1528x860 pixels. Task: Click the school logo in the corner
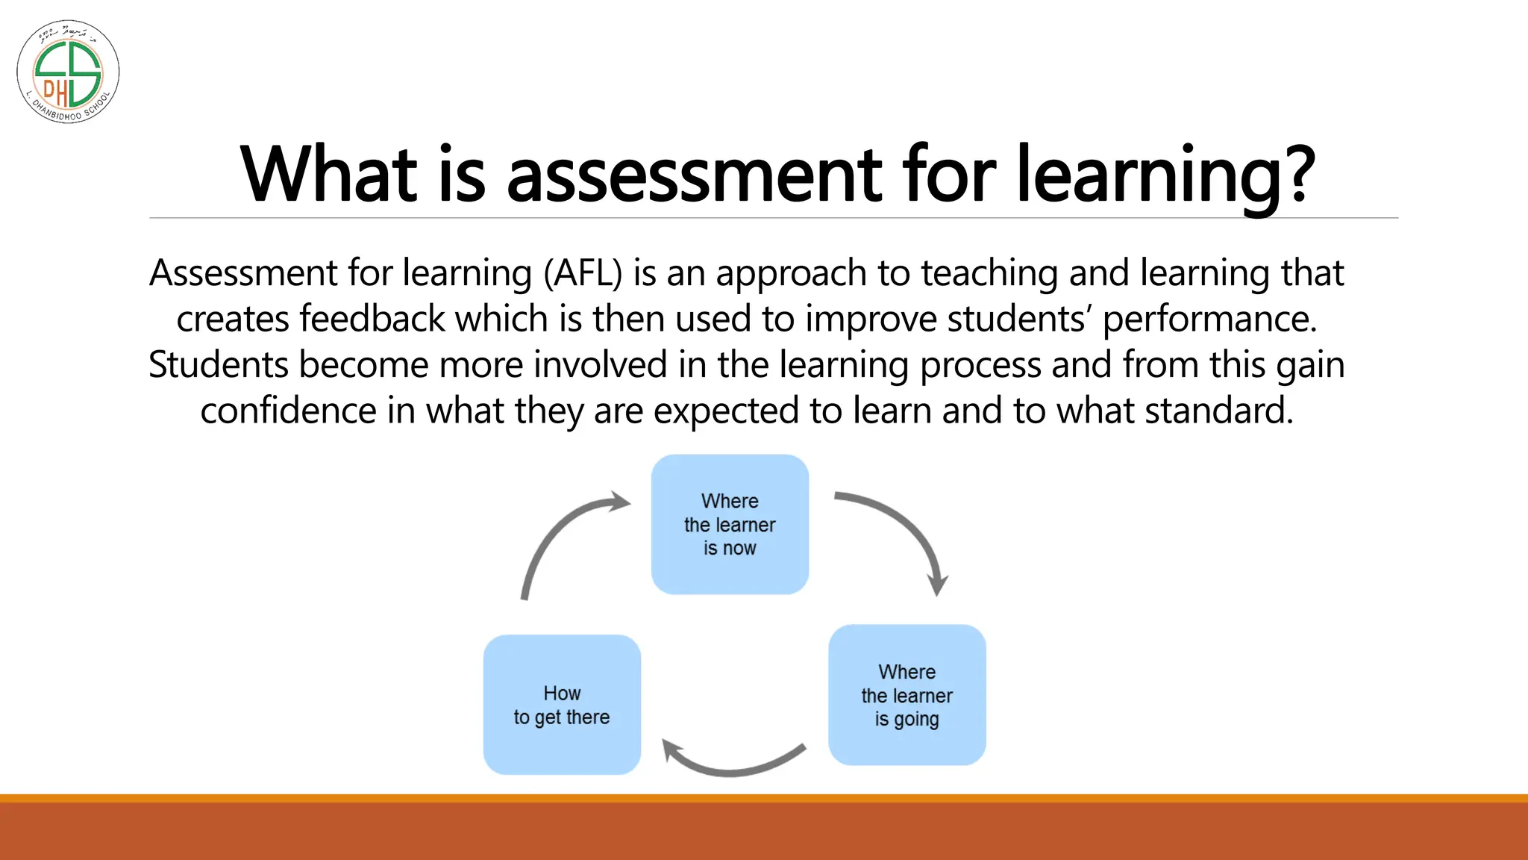point(68,72)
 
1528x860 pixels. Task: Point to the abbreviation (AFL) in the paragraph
point(583,273)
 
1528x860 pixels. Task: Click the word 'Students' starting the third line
point(218,366)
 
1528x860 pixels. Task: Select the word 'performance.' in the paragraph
point(1209,320)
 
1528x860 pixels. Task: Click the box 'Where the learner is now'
point(730,524)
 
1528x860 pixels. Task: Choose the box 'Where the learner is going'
point(907,695)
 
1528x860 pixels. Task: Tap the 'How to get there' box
point(562,705)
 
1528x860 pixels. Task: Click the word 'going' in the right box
point(916,720)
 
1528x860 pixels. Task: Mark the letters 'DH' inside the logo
point(54,92)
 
